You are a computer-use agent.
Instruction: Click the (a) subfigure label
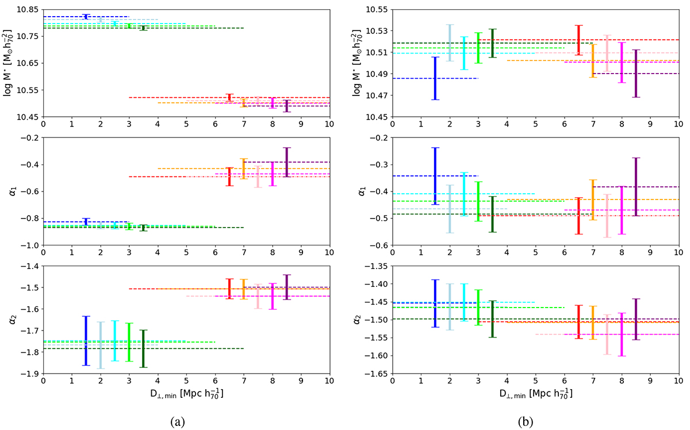tap(184, 421)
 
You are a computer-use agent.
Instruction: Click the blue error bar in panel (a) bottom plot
tap(86, 340)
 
